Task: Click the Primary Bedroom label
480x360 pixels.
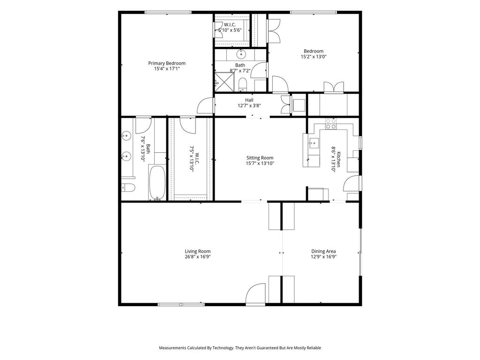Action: (167, 63)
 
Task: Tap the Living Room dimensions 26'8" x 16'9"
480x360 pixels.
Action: (198, 257)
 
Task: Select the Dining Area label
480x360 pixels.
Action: (323, 251)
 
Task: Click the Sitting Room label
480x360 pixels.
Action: (260, 158)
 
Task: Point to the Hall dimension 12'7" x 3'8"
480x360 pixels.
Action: (249, 105)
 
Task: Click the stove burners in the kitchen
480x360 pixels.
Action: (330, 123)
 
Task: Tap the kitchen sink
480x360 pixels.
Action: (314, 143)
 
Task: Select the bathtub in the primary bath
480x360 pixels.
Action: (157, 182)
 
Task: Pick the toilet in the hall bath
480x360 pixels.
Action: (242, 84)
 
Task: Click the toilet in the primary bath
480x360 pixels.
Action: (128, 187)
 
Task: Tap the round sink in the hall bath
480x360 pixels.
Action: (241, 54)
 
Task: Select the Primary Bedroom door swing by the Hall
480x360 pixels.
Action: (205, 106)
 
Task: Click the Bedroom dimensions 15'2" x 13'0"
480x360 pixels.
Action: (314, 57)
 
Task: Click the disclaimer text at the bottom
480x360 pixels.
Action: (240, 348)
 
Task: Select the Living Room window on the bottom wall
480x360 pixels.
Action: (181, 305)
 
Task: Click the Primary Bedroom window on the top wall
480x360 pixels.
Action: (168, 12)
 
